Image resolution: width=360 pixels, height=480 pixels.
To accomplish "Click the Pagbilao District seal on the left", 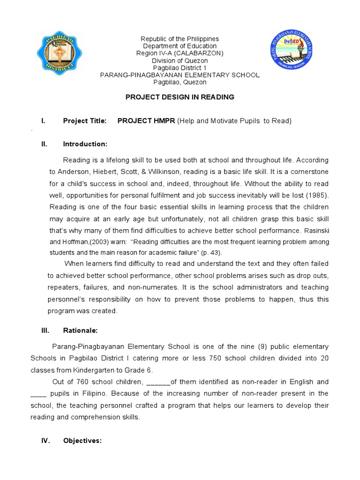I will [61, 55].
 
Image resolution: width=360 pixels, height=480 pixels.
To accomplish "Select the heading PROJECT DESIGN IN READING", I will [180, 97].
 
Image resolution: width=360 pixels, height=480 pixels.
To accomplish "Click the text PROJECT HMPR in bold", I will [146, 121].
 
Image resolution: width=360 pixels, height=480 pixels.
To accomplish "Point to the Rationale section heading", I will [80, 330].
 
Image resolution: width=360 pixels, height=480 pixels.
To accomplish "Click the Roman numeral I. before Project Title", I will [43, 121].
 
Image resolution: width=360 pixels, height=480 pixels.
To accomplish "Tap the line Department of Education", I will [180, 46].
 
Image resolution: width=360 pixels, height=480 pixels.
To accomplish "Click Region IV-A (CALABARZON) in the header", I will [180, 53].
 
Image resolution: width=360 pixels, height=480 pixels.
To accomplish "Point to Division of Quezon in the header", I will [180, 60].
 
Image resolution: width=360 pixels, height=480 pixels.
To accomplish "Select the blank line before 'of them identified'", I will [158, 382].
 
